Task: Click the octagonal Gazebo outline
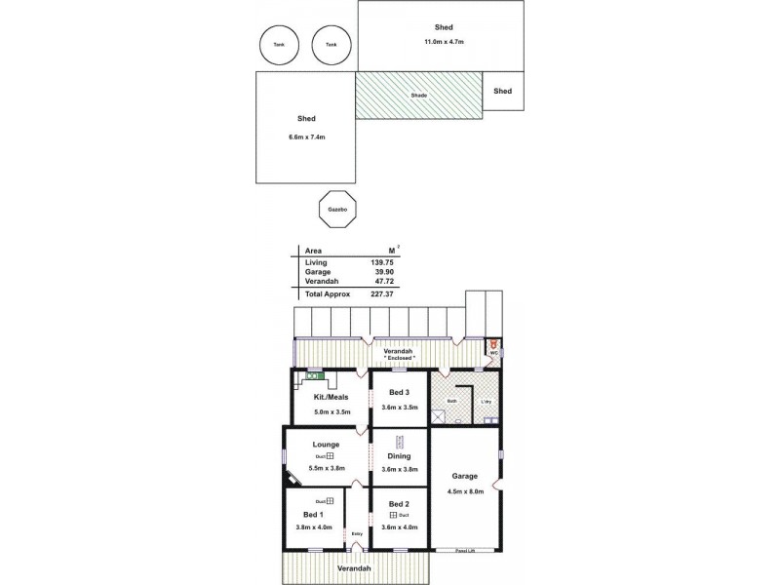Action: click(338, 209)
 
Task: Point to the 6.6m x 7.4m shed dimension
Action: click(306, 137)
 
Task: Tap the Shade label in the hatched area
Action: click(418, 95)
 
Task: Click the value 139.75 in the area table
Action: click(380, 263)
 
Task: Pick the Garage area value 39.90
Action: click(380, 272)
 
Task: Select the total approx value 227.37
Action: click(380, 293)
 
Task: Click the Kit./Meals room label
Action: click(331, 398)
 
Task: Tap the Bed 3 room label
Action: click(400, 393)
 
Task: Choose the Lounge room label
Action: click(327, 445)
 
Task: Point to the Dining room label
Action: click(399, 456)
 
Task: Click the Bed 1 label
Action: click(313, 514)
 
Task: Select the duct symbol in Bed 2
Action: click(393, 515)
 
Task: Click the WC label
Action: click(493, 353)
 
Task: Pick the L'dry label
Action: click(485, 401)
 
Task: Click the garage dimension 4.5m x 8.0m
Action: click(464, 490)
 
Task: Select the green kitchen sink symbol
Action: click(314, 375)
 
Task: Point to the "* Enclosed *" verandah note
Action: click(399, 358)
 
